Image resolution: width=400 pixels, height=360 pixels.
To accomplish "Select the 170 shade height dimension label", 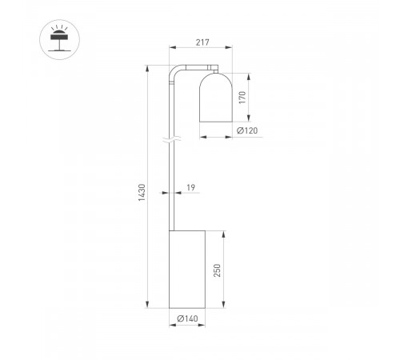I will (x=242, y=98).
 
